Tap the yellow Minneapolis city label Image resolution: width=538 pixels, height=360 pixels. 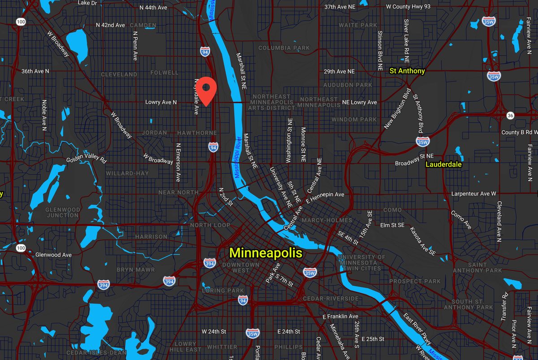click(x=266, y=252)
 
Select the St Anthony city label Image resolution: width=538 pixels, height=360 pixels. click(x=407, y=71)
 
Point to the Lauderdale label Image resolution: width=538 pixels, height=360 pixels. click(x=443, y=165)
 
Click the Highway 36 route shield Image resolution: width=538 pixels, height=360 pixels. click(x=510, y=116)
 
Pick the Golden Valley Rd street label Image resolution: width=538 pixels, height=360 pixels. click(x=86, y=159)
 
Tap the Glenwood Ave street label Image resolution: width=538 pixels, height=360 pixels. click(x=53, y=255)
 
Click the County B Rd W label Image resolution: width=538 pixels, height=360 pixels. click(x=519, y=132)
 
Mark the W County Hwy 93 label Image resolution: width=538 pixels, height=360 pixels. click(x=408, y=7)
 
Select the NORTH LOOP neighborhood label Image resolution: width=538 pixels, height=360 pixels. click(x=210, y=225)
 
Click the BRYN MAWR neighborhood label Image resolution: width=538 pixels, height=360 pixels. click(x=135, y=270)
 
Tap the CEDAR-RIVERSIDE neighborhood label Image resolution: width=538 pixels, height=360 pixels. click(x=330, y=299)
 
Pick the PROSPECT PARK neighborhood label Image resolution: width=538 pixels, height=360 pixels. click(x=415, y=282)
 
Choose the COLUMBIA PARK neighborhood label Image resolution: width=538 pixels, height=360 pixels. click(x=284, y=48)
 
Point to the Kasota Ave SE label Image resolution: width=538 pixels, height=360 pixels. click(x=423, y=241)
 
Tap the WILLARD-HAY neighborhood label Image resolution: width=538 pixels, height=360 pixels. click(x=127, y=173)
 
